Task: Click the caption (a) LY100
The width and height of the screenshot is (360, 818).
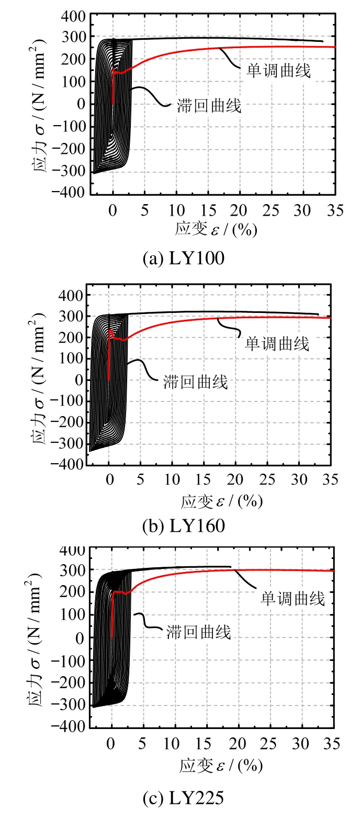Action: coord(183,259)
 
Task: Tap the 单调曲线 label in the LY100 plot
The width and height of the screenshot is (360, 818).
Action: coord(278,71)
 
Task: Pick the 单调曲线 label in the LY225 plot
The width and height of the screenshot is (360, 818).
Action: coord(293,598)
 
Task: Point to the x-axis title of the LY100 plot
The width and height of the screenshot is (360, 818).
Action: coord(216,230)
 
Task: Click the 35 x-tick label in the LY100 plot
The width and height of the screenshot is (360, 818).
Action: coord(335,210)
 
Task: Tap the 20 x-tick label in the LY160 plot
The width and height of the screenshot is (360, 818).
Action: coord(235,480)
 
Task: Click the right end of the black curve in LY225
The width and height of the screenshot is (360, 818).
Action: coord(230,566)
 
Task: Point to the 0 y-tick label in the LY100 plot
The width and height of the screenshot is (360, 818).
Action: coord(81,104)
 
